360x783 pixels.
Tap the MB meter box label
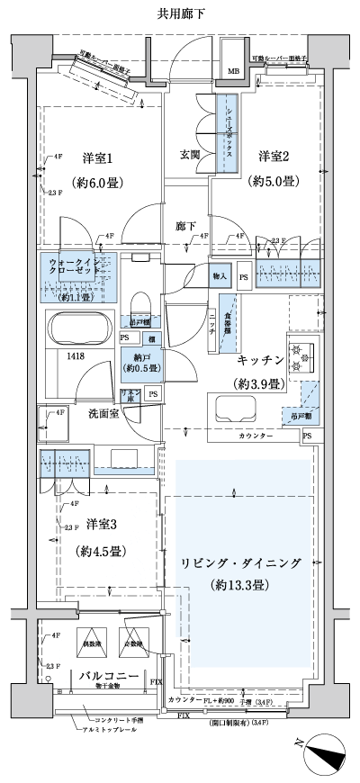click(232, 71)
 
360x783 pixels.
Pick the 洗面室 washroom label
click(105, 415)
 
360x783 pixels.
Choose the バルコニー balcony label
click(107, 675)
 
